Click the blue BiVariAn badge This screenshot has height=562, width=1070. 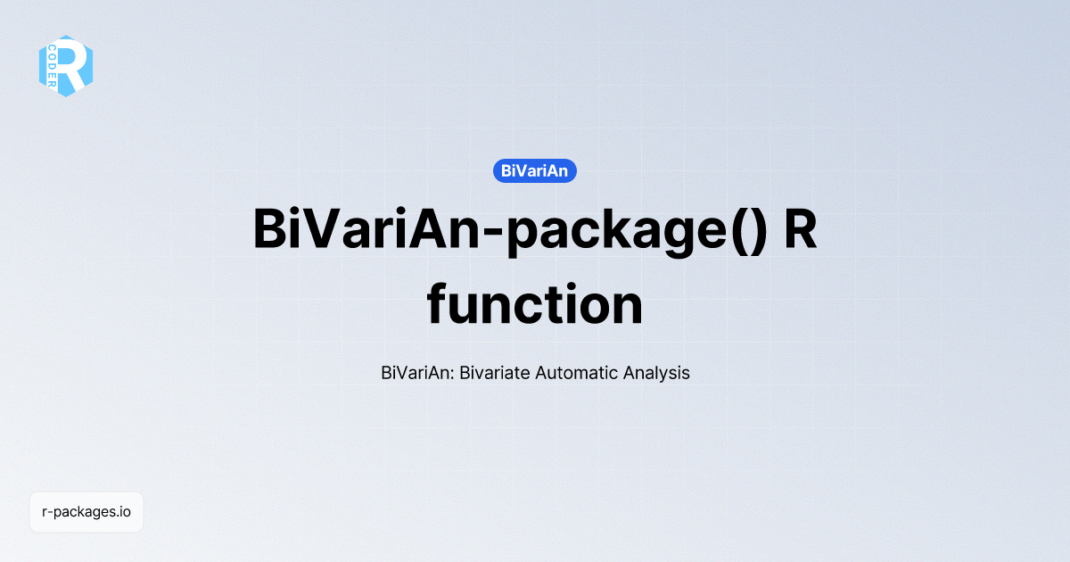pyautogui.click(x=535, y=170)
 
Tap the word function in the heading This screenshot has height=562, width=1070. pyautogui.click(x=535, y=305)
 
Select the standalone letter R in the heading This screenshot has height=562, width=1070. pyautogui.click(x=800, y=229)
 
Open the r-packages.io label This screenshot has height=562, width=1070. pyautogui.click(x=86, y=512)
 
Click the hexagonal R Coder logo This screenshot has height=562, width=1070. pyautogui.click(x=66, y=65)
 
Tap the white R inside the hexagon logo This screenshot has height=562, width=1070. pyautogui.click(x=73, y=64)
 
